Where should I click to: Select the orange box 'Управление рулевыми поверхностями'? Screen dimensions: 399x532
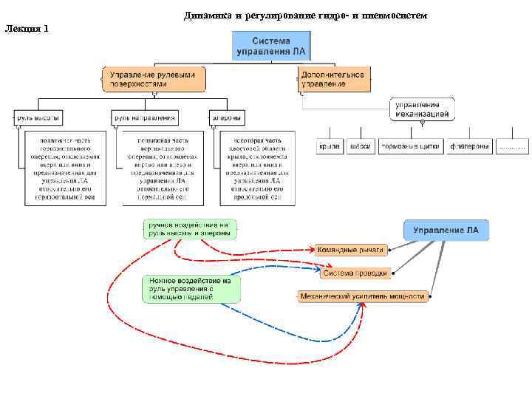(x=154, y=79)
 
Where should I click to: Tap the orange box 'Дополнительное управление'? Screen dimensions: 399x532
(x=334, y=79)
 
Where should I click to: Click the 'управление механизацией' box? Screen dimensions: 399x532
(x=423, y=109)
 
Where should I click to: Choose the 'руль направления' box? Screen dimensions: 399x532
(x=146, y=117)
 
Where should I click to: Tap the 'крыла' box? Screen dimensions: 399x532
(x=329, y=146)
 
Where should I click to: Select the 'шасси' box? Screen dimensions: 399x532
(x=361, y=146)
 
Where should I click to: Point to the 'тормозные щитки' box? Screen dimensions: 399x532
(x=410, y=146)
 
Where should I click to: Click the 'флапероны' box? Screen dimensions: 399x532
(x=470, y=146)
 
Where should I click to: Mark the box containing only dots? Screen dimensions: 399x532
(x=513, y=146)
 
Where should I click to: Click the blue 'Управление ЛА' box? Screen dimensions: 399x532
(x=446, y=231)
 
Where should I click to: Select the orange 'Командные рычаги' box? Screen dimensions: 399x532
(x=350, y=250)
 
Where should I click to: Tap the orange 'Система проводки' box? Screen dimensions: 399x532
(x=355, y=273)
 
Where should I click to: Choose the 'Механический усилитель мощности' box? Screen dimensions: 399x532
(x=363, y=296)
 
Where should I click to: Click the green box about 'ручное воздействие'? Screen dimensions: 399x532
(x=191, y=228)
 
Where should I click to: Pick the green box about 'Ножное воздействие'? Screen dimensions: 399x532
(x=191, y=289)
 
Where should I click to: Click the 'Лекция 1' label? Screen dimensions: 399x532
(x=27, y=29)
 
